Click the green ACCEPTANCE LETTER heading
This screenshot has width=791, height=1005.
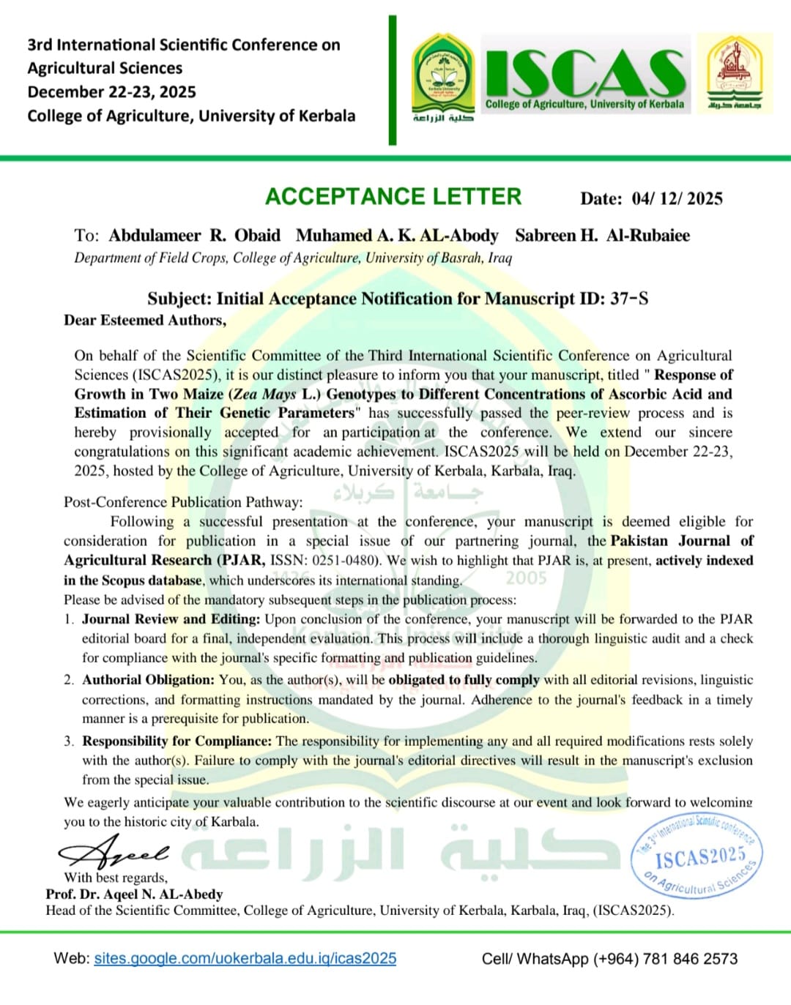[x=393, y=196]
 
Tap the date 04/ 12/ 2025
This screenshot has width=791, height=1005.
[x=677, y=198]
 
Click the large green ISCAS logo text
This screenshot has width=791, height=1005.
[x=584, y=72]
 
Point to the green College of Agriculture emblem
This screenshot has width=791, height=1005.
[x=442, y=78]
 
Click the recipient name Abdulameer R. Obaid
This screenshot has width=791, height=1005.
[x=194, y=236]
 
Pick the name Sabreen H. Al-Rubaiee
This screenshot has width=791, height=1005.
[x=602, y=236]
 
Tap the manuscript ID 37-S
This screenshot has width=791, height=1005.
[x=629, y=299]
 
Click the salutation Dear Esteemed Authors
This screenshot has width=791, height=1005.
[x=145, y=320]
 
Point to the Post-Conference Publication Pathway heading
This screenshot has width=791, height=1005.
[x=182, y=502]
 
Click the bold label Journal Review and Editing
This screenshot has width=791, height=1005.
[x=171, y=619]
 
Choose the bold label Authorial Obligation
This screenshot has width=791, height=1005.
[x=148, y=680]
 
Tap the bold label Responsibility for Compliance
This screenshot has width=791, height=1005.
[x=177, y=741]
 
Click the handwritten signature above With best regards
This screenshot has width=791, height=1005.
[x=114, y=852]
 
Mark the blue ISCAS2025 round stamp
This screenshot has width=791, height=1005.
[x=697, y=856]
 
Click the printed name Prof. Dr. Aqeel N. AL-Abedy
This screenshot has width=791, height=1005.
[x=134, y=894]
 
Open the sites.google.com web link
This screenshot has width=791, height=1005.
[x=245, y=958]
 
